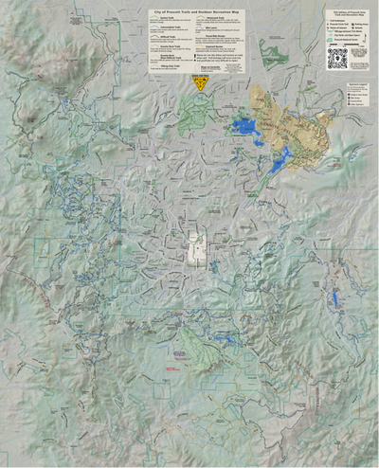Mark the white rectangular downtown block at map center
[196, 248]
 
